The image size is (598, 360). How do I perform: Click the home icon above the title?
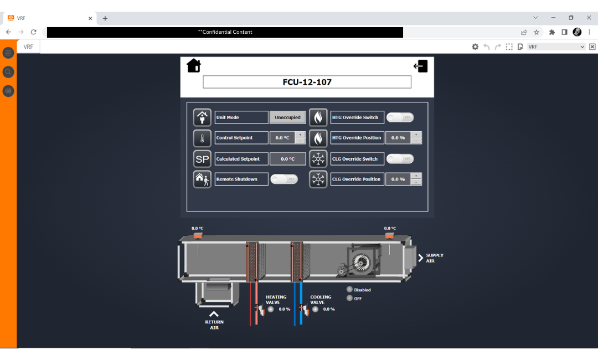(194, 66)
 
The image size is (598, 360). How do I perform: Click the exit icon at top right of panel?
(421, 66)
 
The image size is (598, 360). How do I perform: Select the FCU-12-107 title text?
(307, 82)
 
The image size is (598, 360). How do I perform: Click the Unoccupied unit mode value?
(288, 117)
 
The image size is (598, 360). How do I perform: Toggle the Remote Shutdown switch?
(284, 179)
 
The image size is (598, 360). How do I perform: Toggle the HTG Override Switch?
(400, 117)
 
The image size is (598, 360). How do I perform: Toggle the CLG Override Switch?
(400, 159)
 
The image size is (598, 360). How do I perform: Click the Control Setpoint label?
(241, 138)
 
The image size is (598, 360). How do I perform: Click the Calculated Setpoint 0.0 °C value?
(288, 159)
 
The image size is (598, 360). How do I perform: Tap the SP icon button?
(202, 159)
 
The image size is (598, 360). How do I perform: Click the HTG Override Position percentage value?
(398, 138)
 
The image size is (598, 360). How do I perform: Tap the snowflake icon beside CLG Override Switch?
(318, 159)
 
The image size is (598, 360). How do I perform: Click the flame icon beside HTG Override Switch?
(318, 117)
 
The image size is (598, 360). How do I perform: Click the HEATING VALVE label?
(276, 300)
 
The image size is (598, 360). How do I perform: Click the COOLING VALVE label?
(321, 300)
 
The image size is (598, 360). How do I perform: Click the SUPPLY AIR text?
(434, 258)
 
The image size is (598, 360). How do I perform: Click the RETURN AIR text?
(214, 325)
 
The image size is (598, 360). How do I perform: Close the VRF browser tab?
(90, 18)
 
